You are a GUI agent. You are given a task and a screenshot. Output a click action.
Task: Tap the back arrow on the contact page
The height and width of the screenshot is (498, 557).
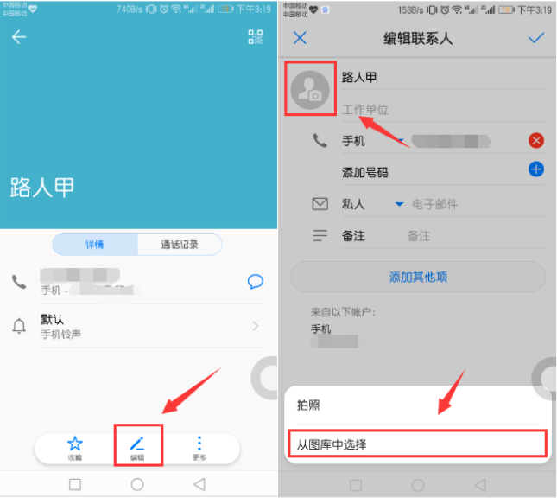(19, 37)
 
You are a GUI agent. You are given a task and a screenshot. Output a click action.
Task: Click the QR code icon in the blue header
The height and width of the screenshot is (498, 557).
(255, 37)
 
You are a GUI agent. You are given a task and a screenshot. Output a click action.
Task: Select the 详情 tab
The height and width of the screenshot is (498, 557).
(95, 245)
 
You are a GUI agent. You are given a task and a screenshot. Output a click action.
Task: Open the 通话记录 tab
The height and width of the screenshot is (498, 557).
(179, 245)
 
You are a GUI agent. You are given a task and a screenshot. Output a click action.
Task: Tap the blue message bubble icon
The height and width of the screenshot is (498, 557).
(255, 281)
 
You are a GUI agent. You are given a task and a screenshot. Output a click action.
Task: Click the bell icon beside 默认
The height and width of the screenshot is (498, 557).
(19, 326)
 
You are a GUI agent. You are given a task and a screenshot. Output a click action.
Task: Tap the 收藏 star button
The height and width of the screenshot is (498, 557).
(75, 447)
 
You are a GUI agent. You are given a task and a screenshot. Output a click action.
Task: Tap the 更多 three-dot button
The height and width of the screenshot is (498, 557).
(199, 447)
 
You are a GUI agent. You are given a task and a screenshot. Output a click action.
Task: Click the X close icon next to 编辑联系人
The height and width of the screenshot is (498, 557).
(300, 38)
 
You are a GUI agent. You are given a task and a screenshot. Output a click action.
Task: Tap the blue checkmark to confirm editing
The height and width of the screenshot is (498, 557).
(536, 38)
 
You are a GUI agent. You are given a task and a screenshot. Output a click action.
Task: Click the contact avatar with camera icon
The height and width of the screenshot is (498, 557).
(310, 89)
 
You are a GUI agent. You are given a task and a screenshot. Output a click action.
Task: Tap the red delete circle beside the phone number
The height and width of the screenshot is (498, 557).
(536, 141)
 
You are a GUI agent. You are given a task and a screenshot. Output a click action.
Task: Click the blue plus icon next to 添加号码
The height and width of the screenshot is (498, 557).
(536, 169)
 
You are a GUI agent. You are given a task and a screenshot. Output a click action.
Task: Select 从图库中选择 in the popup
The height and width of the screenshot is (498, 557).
(415, 444)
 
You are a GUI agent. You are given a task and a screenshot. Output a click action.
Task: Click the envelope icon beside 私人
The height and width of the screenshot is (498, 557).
(320, 204)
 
